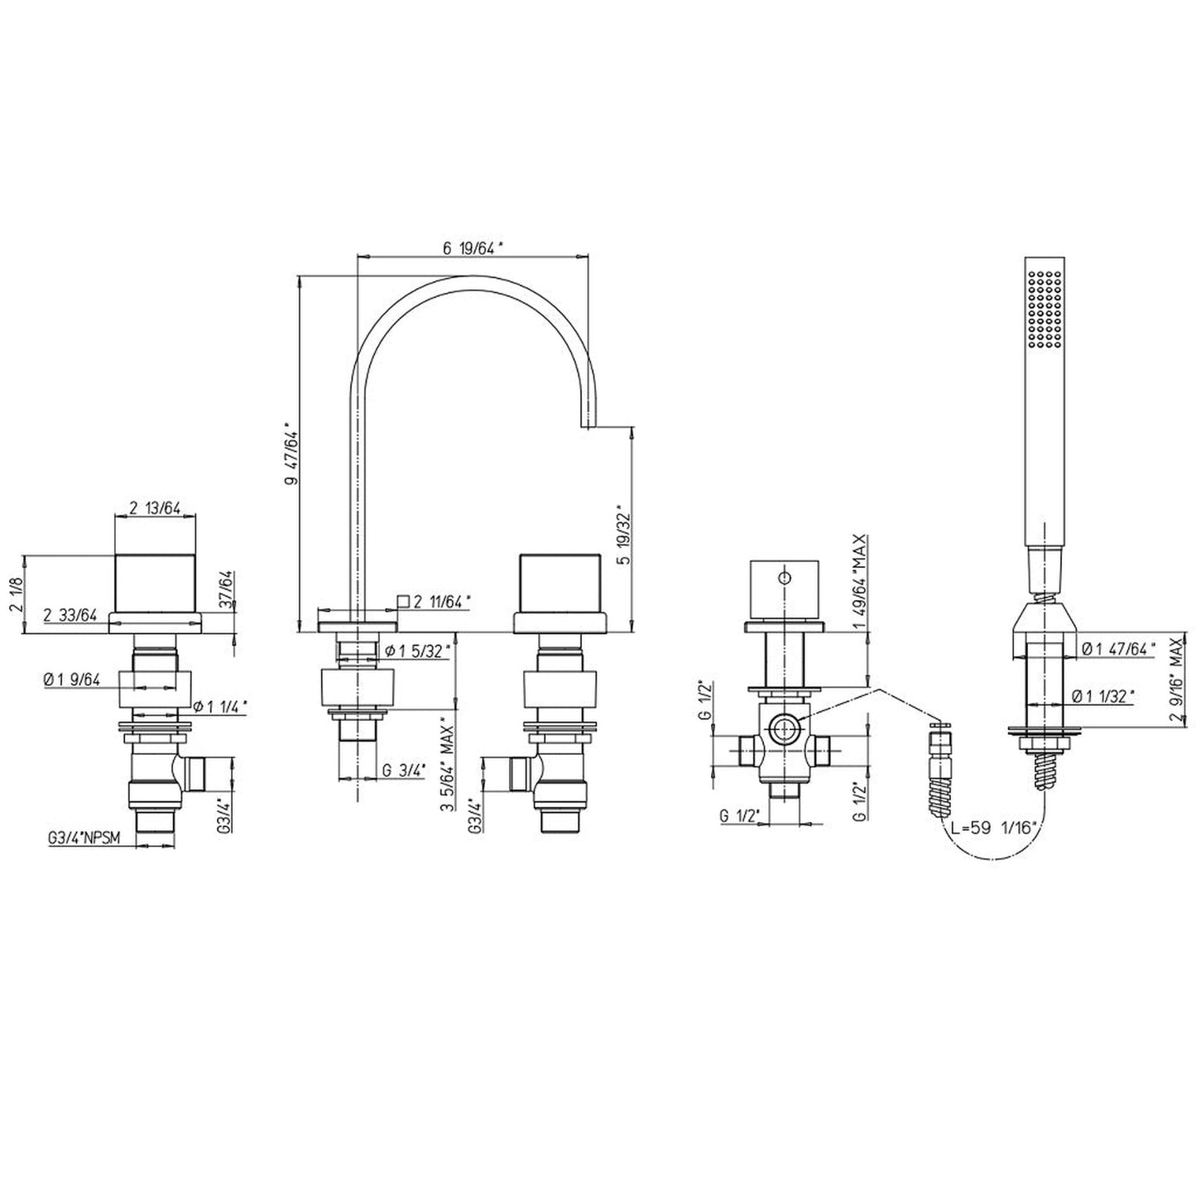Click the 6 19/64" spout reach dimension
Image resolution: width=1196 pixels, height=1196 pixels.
473,248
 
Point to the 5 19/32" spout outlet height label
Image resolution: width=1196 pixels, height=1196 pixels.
624,537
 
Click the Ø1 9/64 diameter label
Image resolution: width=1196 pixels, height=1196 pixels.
72,680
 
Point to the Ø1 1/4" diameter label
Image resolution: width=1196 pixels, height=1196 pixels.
221,706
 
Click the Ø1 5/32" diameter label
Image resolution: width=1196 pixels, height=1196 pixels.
417,651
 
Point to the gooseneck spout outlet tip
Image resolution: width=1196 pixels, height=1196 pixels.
588,427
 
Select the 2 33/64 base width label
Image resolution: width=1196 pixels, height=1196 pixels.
70,615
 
